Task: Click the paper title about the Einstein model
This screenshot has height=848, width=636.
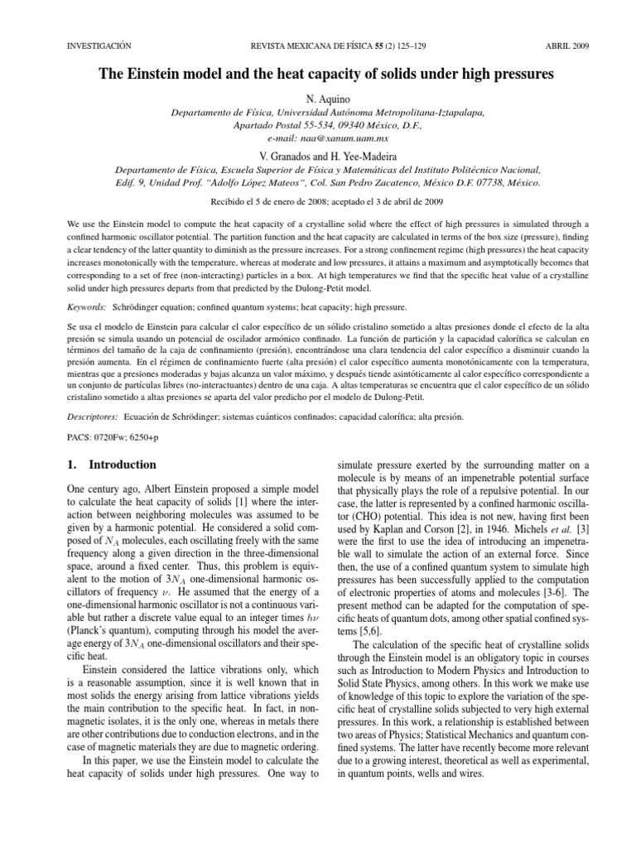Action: [318, 75]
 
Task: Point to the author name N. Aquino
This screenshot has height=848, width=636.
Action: [318, 98]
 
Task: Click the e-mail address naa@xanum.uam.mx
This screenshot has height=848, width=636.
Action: [318, 139]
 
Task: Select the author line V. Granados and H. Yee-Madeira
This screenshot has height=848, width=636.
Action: [318, 157]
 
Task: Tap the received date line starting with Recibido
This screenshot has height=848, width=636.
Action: [318, 201]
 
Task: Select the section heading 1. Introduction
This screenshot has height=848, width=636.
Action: [109, 465]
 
